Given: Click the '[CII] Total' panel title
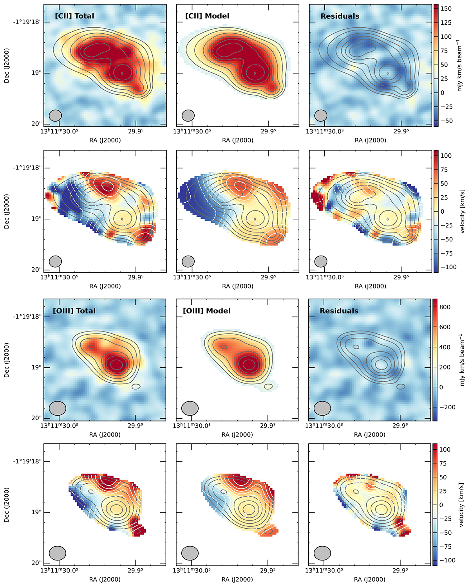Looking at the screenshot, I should pyautogui.click(x=74, y=16).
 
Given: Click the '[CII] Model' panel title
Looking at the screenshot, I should pyautogui.click(x=207, y=16).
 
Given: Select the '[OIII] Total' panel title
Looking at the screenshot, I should pyautogui.click(x=74, y=311).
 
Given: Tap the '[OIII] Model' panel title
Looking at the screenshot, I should pyautogui.click(x=206, y=311).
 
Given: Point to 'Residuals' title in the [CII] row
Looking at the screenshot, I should pyautogui.click(x=340, y=16).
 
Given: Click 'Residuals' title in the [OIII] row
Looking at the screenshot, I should pyautogui.click(x=339, y=311).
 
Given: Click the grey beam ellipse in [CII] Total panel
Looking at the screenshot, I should pyautogui.click(x=56, y=115).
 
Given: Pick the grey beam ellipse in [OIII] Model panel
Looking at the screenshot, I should pyautogui.click(x=190, y=408).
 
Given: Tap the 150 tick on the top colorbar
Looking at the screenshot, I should pyautogui.click(x=446, y=9).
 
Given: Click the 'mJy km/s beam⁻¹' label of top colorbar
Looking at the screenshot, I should pyautogui.click(x=460, y=65).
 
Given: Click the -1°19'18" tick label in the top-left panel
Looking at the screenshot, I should pyautogui.click(x=26, y=22).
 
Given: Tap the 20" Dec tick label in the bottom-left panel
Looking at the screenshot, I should pyautogui.click(x=37, y=563).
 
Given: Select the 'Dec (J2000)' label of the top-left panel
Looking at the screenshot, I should pyautogui.click(x=7, y=65).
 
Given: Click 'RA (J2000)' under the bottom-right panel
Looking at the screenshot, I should pyautogui.click(x=370, y=579).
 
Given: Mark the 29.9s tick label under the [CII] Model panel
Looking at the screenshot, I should pyautogui.click(x=269, y=131).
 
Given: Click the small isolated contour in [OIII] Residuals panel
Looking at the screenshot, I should pyautogui.click(x=400, y=387).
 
